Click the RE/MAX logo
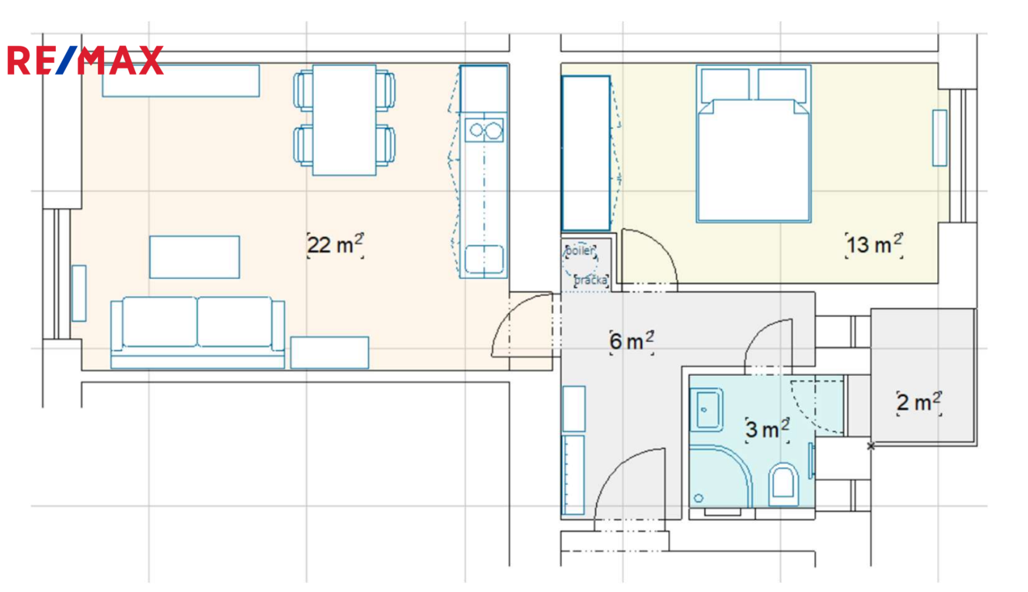85,60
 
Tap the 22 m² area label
335,245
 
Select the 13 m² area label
874,245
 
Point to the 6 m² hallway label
632,342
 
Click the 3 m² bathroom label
768,430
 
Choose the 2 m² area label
918,403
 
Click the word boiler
580,251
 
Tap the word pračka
591,280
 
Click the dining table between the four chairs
344,120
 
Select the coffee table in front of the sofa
194,257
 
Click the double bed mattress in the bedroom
754,161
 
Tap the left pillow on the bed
725,85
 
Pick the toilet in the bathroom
783,485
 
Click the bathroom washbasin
707,409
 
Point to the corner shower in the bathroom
720,476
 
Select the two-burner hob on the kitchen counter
484,131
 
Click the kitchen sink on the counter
484,259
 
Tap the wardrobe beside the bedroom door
586,153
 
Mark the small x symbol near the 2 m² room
870,446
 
